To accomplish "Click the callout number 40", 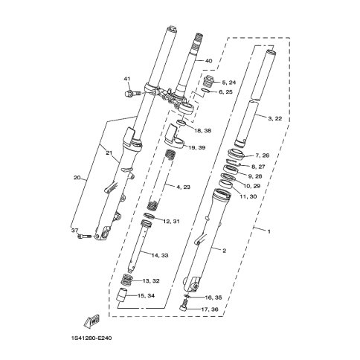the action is pyautogui.click(x=209, y=61).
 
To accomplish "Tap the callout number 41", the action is pyautogui.click(x=126, y=79).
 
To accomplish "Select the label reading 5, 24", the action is pyautogui.click(x=228, y=83).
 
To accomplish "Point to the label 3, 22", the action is pyautogui.click(x=275, y=118).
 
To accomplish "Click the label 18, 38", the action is pyautogui.click(x=203, y=130).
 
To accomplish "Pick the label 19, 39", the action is pyautogui.click(x=197, y=148).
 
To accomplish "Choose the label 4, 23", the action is pyautogui.click(x=183, y=187).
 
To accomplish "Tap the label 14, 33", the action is pyautogui.click(x=160, y=255).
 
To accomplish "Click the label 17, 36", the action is pyautogui.click(x=210, y=309).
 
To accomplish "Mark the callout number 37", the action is pyautogui.click(x=75, y=231).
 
